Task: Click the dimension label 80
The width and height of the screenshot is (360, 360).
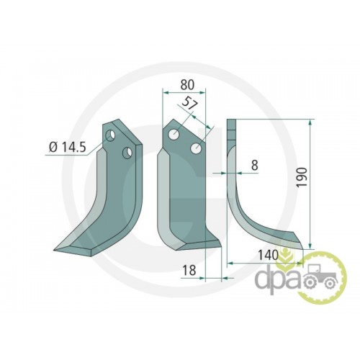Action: [x=187, y=85]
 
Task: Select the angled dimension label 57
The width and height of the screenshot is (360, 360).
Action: [x=190, y=103]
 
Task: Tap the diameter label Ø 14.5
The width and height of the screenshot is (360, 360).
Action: [x=67, y=147]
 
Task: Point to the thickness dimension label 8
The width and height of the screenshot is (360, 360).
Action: [x=254, y=165]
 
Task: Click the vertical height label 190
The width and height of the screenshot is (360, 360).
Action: [x=302, y=177]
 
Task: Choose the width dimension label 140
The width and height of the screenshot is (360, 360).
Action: [x=268, y=255]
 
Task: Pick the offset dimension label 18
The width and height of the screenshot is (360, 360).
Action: [x=189, y=270]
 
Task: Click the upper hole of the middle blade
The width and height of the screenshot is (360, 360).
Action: [x=173, y=134]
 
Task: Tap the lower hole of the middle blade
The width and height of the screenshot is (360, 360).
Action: [x=196, y=149]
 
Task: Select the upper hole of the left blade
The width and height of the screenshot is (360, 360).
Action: [x=111, y=136]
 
